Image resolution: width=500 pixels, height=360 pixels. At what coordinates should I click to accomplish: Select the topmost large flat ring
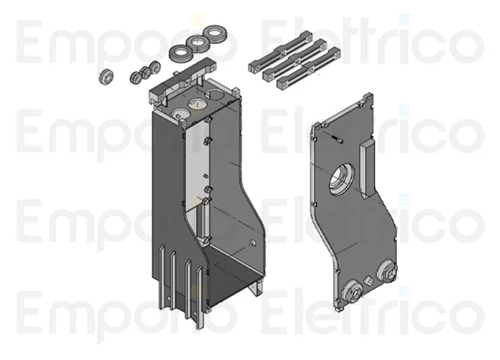(x=215, y=33)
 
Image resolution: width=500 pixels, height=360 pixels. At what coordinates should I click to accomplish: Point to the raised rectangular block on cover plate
(x=366, y=168)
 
